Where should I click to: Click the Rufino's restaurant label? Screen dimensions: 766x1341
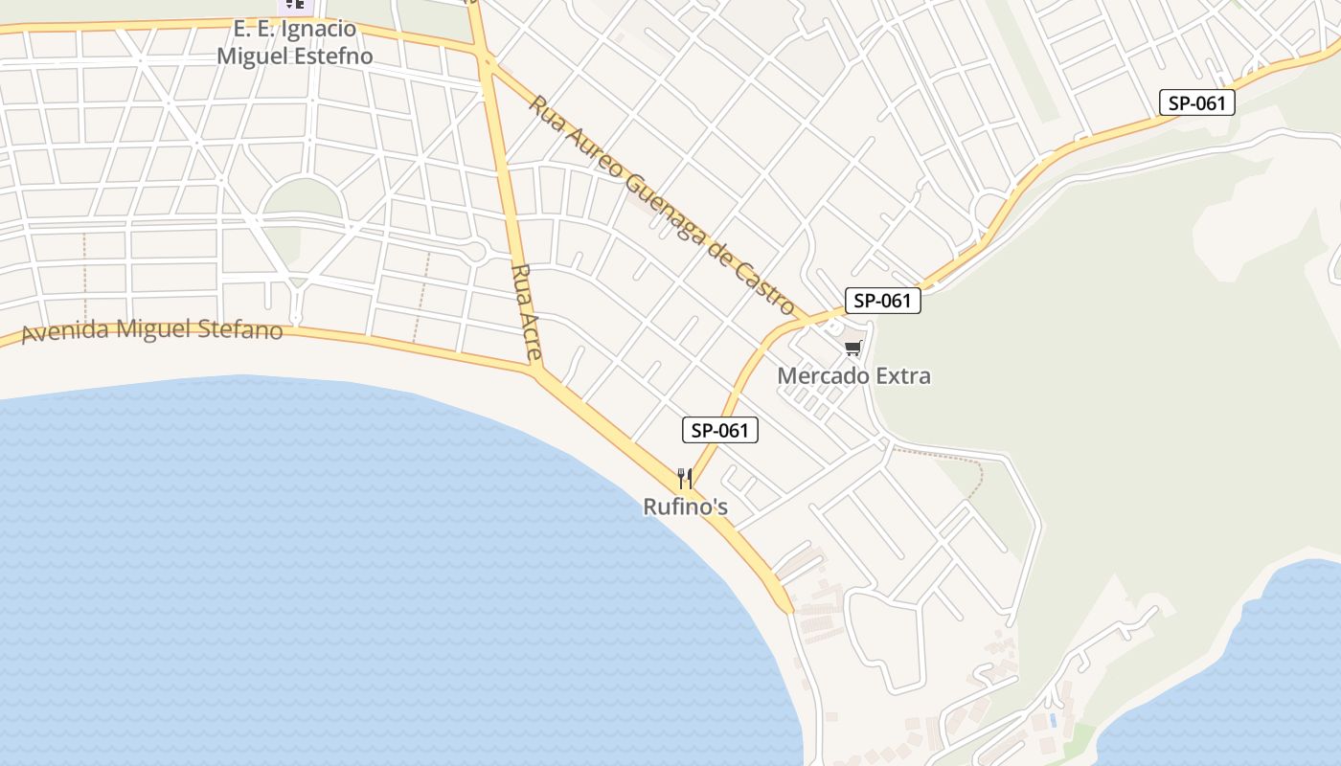click(x=685, y=507)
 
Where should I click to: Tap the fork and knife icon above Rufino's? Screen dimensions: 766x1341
click(x=685, y=478)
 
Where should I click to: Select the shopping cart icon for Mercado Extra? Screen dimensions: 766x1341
click(x=852, y=348)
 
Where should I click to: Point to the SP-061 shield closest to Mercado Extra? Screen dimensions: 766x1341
click(x=882, y=301)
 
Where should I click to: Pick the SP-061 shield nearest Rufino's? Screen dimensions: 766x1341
click(x=719, y=431)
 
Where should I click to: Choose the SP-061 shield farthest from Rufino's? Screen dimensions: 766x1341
click(x=1196, y=103)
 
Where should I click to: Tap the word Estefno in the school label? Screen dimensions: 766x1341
click(x=326, y=56)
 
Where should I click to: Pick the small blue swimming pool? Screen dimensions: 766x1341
click(x=1053, y=719)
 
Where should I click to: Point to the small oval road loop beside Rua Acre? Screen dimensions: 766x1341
click(x=474, y=252)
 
